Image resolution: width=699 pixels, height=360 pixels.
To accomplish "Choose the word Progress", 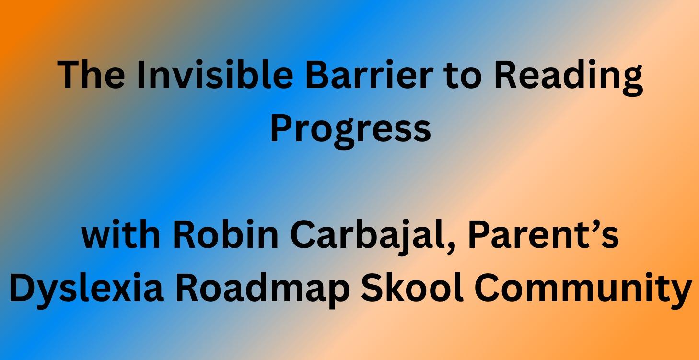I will (349, 129).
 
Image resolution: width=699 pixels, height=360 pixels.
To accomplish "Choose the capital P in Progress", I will (280, 128).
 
